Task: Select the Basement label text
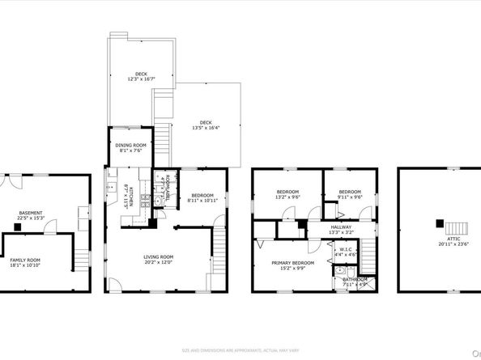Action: pyautogui.click(x=31, y=214)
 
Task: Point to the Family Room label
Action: pyautogui.click(x=25, y=260)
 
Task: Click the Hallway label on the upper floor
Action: pyautogui.click(x=341, y=227)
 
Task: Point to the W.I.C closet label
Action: pyautogui.click(x=345, y=249)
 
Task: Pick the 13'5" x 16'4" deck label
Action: pyautogui.click(x=202, y=123)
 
